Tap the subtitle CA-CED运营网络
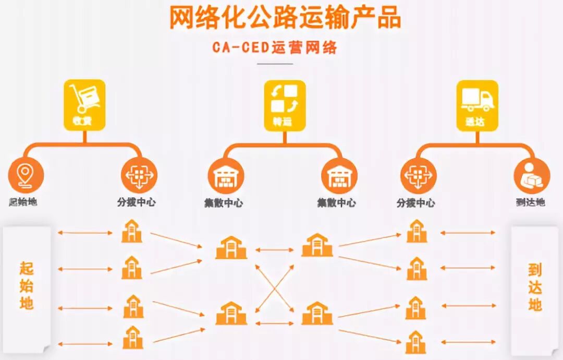(275, 47)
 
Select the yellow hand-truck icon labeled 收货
(84, 104)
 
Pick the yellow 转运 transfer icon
(284, 104)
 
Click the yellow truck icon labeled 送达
(477, 104)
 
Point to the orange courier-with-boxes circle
(532, 176)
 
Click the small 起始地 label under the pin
(23, 202)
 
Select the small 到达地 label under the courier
(531, 202)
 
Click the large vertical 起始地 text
(27, 286)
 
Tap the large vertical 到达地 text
(535, 287)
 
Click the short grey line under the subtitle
(275, 64)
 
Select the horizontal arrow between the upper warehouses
(275, 250)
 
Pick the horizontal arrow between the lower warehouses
(275, 323)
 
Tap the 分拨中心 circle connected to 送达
(418, 175)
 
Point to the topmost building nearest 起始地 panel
(131, 231)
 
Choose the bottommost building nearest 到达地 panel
(416, 342)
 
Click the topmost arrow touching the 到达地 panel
(468, 233)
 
